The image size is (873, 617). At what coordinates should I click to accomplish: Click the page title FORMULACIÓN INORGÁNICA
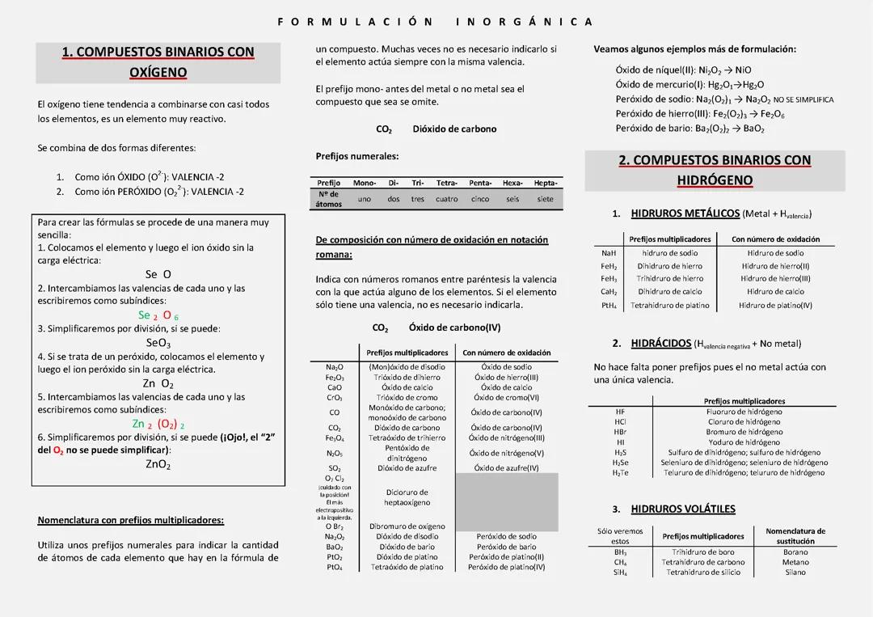435,22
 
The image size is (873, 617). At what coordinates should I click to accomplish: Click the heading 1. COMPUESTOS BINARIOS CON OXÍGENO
158,62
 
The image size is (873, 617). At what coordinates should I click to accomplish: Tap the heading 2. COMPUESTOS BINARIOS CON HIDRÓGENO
715,170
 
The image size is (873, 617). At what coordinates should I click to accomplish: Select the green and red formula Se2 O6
158,315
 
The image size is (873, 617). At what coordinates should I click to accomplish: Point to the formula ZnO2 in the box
158,464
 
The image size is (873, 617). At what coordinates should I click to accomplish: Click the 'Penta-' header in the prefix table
480,183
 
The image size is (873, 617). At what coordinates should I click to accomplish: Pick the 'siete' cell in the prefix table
546,199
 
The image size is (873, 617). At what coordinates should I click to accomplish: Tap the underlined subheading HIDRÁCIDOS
660,343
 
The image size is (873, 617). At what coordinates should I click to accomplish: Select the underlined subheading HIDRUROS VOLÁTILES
682,509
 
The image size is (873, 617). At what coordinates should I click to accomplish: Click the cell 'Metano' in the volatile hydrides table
795,562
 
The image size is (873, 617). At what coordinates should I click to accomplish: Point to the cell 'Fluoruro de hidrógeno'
744,412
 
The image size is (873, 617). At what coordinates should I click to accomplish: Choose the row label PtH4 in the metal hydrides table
609,306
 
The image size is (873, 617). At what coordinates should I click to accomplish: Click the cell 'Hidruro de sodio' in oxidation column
775,253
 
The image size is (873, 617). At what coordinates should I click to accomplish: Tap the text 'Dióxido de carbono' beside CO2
454,129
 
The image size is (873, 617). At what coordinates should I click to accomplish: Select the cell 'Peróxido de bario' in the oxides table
506,547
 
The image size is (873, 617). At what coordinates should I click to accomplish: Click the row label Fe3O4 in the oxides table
335,438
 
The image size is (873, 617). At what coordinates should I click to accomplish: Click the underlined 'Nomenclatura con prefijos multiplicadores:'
130,520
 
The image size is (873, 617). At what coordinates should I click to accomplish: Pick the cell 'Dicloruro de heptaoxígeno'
407,497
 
